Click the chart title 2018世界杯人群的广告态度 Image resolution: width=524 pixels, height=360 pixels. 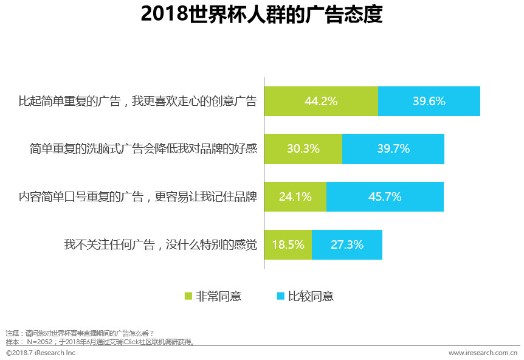pyautogui.click(x=261, y=15)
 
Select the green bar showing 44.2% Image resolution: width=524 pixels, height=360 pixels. pyautogui.click(x=321, y=102)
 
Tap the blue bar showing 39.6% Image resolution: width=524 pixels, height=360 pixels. pyautogui.click(x=429, y=102)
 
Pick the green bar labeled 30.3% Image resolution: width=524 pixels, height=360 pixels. pyautogui.click(x=303, y=149)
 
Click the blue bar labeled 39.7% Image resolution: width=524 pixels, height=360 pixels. pyautogui.click(x=393, y=149)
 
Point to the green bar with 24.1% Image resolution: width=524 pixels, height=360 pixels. pyautogui.click(x=295, y=196)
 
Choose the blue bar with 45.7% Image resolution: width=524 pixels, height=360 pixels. pyautogui.click(x=385, y=196)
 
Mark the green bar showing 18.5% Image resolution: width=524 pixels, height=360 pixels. pyautogui.click(x=288, y=244)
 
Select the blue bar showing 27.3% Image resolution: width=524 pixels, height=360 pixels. pyautogui.click(x=347, y=244)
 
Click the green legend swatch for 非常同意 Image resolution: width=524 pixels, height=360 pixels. pyautogui.click(x=188, y=297)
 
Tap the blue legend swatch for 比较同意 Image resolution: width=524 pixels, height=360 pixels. pyautogui.click(x=280, y=297)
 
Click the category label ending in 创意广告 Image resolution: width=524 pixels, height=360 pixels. pyautogui.click(x=137, y=102)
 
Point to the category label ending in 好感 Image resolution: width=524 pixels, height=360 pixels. pyautogui.click(x=143, y=149)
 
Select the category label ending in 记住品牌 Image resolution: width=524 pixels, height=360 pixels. pyautogui.click(x=137, y=196)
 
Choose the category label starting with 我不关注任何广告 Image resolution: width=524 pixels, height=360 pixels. pyautogui.click(x=160, y=244)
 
